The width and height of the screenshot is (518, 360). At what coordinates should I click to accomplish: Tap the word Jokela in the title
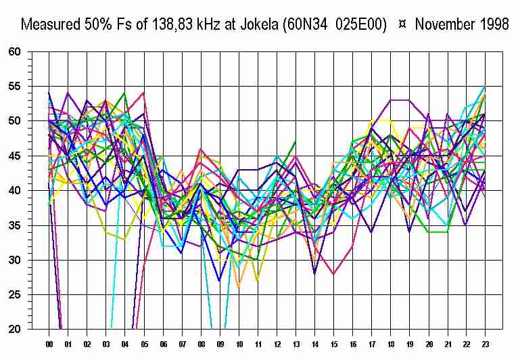point(255,25)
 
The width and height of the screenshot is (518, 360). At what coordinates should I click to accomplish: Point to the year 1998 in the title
point(492,25)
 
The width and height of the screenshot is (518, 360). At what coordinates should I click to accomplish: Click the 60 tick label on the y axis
point(15,51)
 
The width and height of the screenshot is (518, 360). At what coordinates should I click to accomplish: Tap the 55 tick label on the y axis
point(15,86)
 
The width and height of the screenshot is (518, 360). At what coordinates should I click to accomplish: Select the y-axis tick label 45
point(15,156)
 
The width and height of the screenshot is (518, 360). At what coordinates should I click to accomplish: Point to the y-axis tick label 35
point(15,225)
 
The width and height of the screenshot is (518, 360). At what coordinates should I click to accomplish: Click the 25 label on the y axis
point(15,295)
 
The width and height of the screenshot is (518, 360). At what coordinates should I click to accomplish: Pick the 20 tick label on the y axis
point(15,330)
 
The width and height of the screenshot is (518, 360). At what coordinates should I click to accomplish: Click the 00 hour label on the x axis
point(49,344)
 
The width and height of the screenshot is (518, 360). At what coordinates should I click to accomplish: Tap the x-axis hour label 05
point(144,344)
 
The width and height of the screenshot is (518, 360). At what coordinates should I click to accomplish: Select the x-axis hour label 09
point(220,344)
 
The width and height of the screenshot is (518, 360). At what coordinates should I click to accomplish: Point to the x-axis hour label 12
point(278,344)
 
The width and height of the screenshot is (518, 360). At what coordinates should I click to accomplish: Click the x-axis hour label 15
point(335,344)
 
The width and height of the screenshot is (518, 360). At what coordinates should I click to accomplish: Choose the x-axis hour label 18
point(392,344)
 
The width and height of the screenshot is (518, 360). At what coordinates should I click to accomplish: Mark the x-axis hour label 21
point(449,344)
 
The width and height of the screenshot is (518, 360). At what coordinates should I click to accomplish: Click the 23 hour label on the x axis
point(487,344)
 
